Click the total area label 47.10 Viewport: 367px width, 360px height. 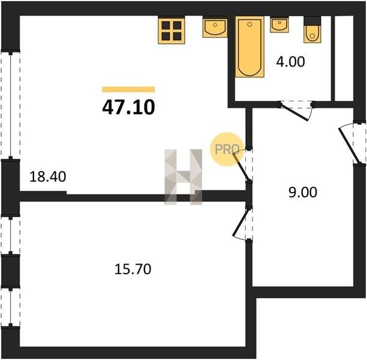[x=128, y=107]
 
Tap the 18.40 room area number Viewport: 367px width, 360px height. [x=48, y=177]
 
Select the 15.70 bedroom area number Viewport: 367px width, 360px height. [x=133, y=269]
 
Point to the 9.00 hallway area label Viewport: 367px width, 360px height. [x=303, y=192]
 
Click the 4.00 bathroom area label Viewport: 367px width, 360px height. [x=290, y=62]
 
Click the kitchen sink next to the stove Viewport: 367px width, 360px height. [x=215, y=27]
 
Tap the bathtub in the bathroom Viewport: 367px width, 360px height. [x=249, y=47]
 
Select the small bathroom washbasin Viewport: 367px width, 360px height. [x=279, y=25]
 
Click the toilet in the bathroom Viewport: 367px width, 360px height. [x=312, y=30]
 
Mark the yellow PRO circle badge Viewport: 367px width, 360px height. [x=227, y=149]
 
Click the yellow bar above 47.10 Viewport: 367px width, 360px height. [x=128, y=89]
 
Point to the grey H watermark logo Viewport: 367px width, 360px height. [x=183, y=177]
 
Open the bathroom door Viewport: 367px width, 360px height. [x=296, y=110]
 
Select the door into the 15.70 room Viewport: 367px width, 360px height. [x=242, y=223]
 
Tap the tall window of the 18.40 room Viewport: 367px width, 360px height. [x=10, y=105]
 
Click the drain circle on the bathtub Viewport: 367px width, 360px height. [x=249, y=24]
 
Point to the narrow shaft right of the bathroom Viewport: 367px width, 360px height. [x=344, y=58]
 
